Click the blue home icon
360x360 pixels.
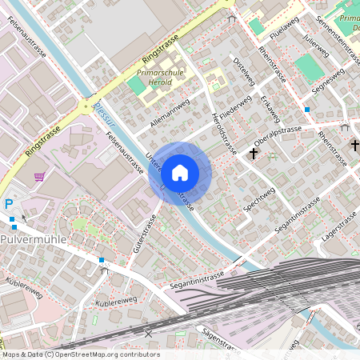click(x=180, y=173)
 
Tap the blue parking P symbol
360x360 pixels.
click(x=9, y=204)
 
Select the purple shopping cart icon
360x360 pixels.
click(x=39, y=176)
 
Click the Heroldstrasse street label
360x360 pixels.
click(x=224, y=131)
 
